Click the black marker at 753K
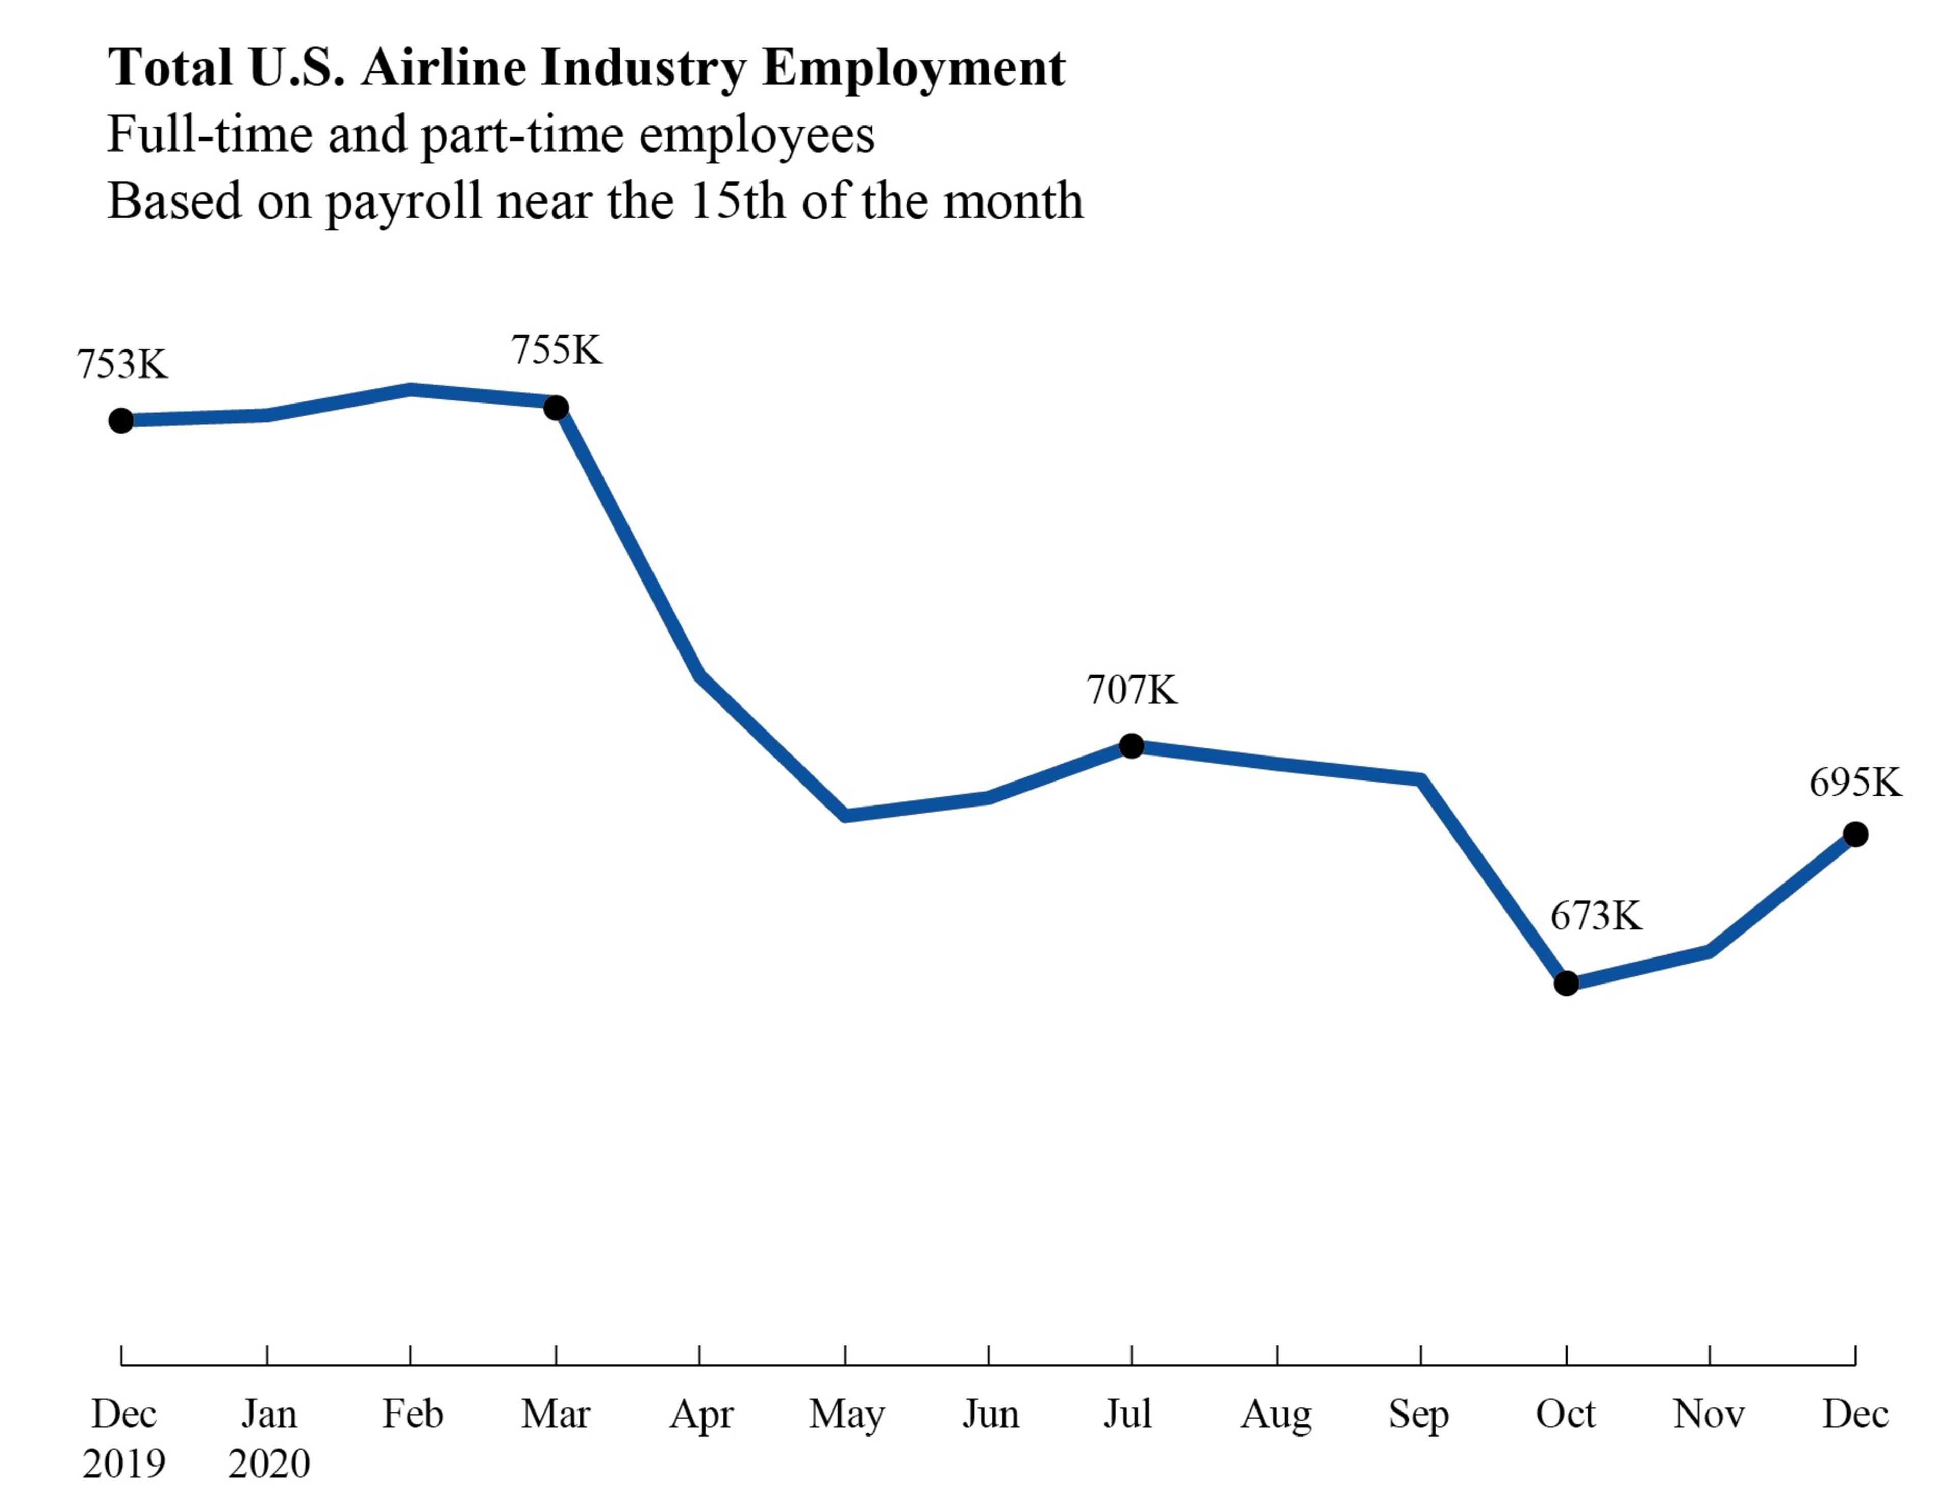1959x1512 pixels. click(121, 421)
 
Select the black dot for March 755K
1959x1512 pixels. click(556, 408)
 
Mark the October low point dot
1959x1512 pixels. click(1566, 984)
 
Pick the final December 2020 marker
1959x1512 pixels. click(1856, 835)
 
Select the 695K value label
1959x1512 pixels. click(1855, 783)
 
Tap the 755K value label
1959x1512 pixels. click(556, 350)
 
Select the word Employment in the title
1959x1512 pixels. click(913, 69)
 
